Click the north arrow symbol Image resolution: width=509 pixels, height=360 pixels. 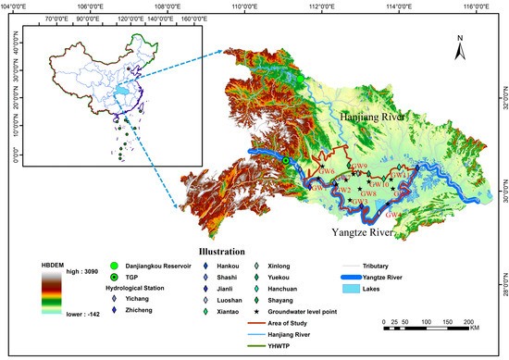pyautogui.click(x=460, y=43)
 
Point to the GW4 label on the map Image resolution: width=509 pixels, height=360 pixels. pyautogui.click(x=393, y=215)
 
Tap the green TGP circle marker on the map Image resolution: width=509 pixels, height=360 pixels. pyautogui.click(x=287, y=161)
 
